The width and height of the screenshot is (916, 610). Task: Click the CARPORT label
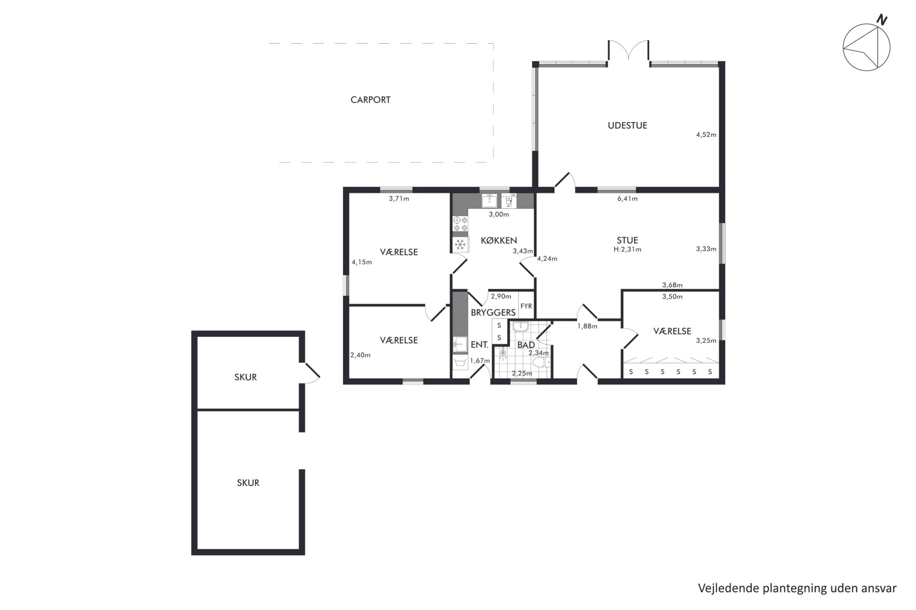[x=370, y=100]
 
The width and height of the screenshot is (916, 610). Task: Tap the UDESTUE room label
[x=627, y=125]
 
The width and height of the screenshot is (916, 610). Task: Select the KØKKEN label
[x=499, y=240]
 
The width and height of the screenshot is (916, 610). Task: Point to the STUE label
[x=627, y=240]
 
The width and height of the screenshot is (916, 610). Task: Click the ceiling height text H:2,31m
[x=627, y=249]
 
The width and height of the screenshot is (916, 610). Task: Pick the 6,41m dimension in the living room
[x=627, y=199]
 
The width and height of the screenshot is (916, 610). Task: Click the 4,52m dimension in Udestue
[x=706, y=135]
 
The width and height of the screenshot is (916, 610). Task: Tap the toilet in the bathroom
[x=542, y=362]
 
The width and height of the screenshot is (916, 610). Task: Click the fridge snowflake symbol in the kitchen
[x=460, y=244]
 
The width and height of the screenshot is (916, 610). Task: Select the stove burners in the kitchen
[x=460, y=224]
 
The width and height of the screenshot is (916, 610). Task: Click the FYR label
[x=526, y=306]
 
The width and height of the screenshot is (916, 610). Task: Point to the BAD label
[x=526, y=345]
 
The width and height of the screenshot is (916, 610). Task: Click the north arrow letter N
[x=882, y=20]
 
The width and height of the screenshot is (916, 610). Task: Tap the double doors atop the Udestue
[x=628, y=51]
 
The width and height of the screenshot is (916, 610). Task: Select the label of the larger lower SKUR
[x=248, y=483]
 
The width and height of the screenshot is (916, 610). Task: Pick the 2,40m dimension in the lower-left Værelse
[x=360, y=355]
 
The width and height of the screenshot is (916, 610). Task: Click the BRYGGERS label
[x=493, y=312]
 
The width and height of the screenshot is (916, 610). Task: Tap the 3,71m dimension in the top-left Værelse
[x=399, y=199]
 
